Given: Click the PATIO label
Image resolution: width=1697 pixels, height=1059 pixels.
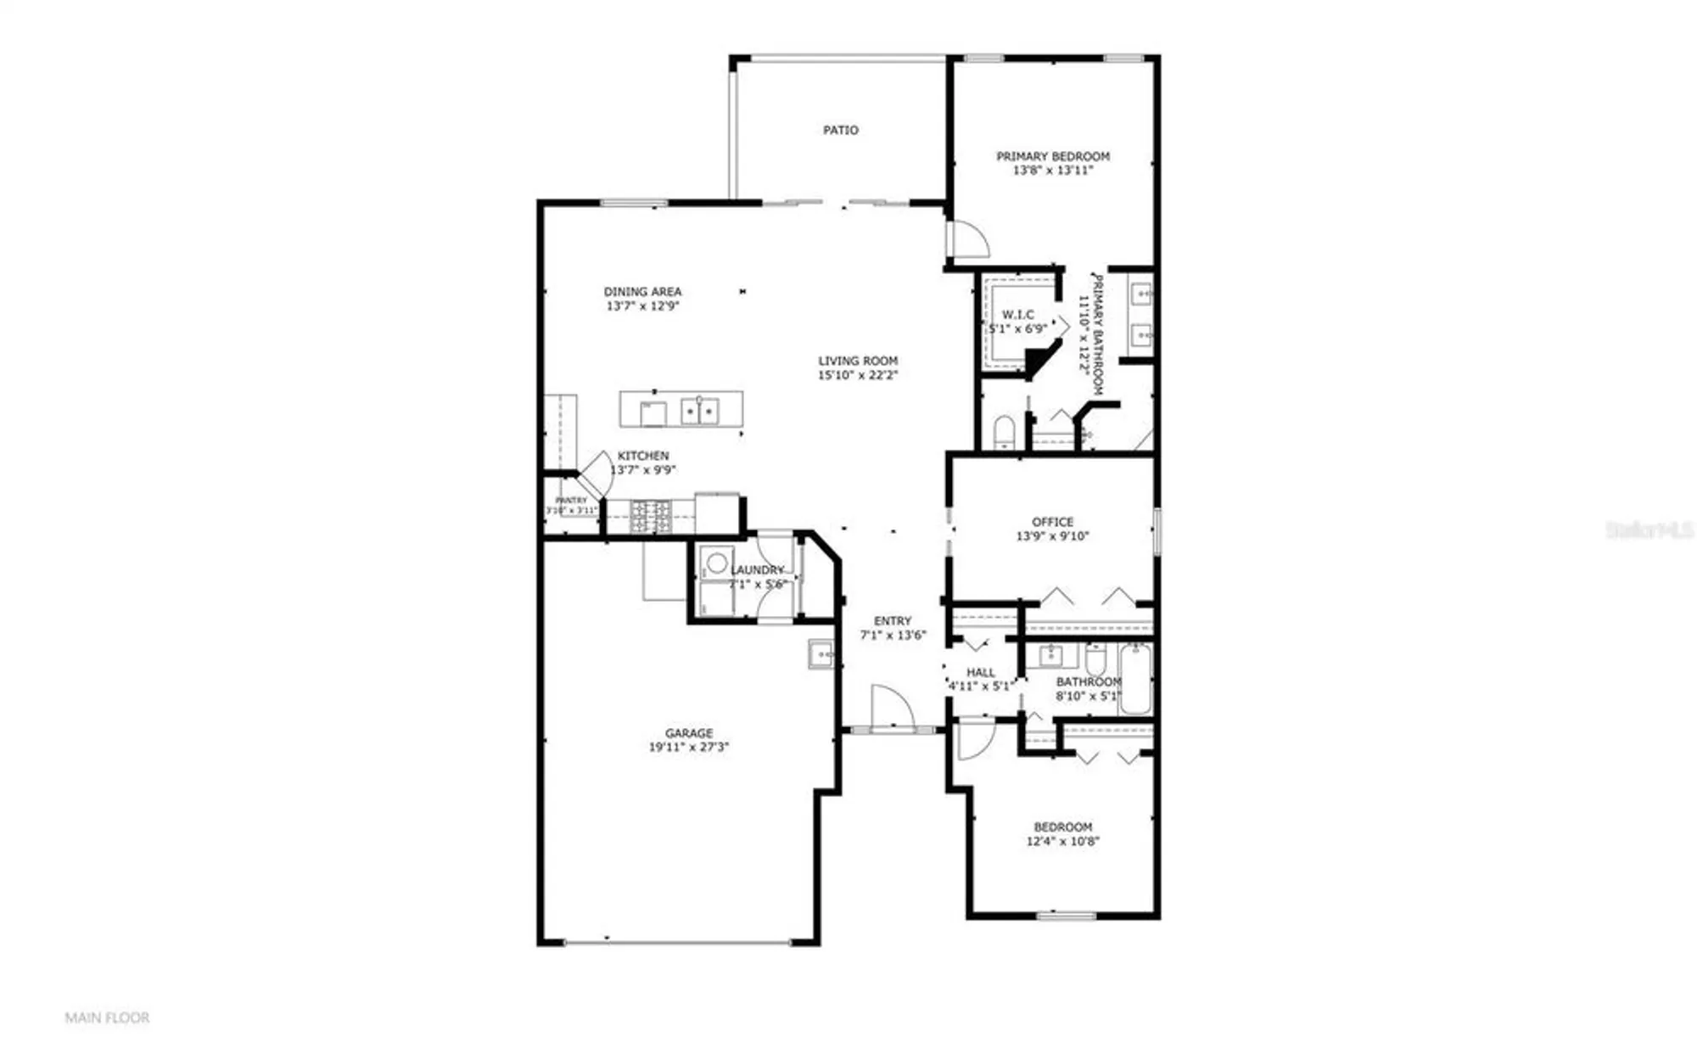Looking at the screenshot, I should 840,130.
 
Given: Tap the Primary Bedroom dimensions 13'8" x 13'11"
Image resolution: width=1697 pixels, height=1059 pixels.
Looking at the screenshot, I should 1052,171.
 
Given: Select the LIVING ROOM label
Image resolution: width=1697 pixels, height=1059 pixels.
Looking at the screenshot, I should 857,361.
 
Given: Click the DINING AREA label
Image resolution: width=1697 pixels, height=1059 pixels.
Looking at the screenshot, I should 642,291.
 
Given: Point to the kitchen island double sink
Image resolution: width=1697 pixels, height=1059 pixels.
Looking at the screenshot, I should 699,411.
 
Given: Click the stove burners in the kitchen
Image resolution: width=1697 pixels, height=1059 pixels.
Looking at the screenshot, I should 650,517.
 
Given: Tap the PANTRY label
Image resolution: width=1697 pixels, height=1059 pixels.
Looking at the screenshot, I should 571,501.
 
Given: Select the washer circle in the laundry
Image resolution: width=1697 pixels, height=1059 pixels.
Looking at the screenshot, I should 717,562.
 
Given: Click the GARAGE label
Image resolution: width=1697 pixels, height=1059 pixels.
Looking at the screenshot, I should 688,733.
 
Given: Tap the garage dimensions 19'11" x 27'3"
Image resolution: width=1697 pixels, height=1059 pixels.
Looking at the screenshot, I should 688,748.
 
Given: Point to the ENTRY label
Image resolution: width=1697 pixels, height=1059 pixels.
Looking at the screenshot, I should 893,621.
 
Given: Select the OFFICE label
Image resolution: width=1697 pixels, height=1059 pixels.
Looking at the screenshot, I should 1052,522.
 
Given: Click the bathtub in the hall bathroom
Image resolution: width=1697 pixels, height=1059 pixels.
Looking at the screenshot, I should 1134,679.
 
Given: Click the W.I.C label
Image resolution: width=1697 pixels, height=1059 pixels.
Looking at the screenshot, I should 1017,315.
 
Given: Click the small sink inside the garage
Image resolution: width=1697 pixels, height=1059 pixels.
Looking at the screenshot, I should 820,654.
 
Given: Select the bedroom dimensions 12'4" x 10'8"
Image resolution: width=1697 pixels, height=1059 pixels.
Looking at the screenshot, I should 1062,842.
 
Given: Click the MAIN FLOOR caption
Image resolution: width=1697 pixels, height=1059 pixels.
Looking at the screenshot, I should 107,1017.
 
